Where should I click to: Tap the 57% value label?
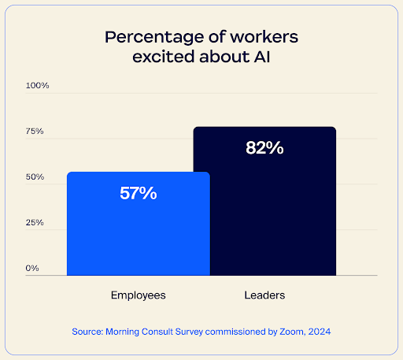point(138,193)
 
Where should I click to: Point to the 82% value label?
point(264,147)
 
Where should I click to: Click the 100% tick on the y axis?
point(38,85)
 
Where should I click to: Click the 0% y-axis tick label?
point(32,269)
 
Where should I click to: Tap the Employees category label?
point(138,295)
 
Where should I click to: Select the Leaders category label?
point(264,295)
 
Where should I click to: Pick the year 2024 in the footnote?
point(320,332)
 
